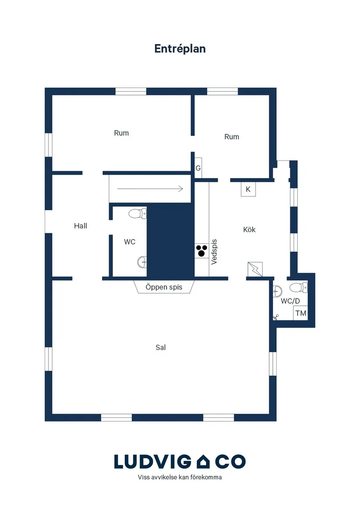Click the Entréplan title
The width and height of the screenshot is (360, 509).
[x=180, y=49]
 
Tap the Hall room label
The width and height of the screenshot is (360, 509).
[x=81, y=226]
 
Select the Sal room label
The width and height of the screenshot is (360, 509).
[x=161, y=347]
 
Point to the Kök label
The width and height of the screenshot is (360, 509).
[x=249, y=229]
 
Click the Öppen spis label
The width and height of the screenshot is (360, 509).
[x=164, y=287]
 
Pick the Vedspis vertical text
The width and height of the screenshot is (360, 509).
[x=214, y=252]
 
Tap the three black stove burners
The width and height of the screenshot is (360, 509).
[x=202, y=251]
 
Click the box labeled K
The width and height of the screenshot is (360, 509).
[x=248, y=189]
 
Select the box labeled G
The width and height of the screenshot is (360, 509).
[x=198, y=168]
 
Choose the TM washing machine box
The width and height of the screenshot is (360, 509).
[x=301, y=313]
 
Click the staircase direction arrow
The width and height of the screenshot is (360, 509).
[x=150, y=188]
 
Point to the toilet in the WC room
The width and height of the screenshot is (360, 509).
[x=137, y=214]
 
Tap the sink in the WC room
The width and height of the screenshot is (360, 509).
[x=142, y=262]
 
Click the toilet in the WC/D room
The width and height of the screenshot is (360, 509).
[x=298, y=287]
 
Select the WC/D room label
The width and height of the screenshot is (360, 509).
[x=290, y=301]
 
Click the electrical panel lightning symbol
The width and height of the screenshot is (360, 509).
[x=255, y=269]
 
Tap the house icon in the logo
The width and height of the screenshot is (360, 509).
[x=203, y=461]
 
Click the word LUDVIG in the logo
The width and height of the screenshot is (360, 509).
[x=153, y=461]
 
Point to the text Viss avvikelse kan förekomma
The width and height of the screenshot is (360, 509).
[x=180, y=477]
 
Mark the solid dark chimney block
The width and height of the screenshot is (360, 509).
[x=171, y=240]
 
